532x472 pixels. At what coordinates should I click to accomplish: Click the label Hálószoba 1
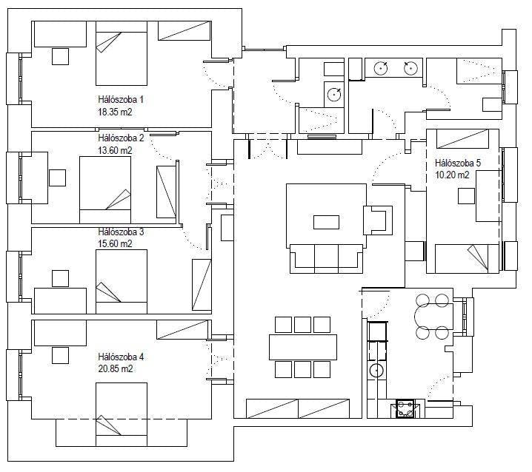pyautogui.click(x=120, y=99)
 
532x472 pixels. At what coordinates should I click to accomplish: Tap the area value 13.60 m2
pyautogui.click(x=115, y=150)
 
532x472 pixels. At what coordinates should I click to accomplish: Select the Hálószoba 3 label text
pyautogui.click(x=120, y=232)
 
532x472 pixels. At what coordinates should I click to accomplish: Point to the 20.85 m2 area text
pyautogui.click(x=115, y=368)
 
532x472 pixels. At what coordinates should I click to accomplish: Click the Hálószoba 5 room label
pyautogui.click(x=458, y=163)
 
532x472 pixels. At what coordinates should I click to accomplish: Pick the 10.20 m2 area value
pyautogui.click(x=453, y=175)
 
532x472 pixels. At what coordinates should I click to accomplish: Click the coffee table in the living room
pyautogui.click(x=326, y=222)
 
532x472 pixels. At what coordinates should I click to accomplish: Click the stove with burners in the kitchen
pyautogui.click(x=406, y=408)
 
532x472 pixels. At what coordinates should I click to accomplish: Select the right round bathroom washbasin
pyautogui.click(x=409, y=68)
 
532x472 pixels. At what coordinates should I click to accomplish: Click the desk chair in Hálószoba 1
pyautogui.click(x=60, y=55)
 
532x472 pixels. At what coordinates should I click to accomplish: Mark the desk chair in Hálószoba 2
pyautogui.click(x=58, y=178)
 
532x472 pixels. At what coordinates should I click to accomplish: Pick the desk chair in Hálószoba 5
pyautogui.click(x=466, y=195)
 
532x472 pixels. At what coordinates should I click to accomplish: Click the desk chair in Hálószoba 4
pyautogui.click(x=59, y=358)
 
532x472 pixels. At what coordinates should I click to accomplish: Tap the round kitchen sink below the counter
pyautogui.click(x=376, y=372)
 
